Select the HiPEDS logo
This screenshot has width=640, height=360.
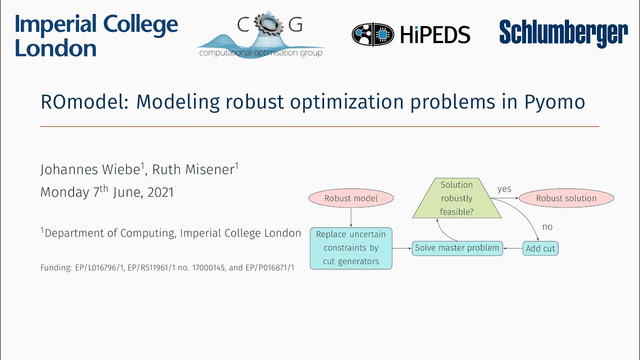point(410,34)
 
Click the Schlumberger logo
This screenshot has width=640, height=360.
point(563,34)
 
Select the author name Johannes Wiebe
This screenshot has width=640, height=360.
point(90,170)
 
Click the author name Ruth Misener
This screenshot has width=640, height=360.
point(193,170)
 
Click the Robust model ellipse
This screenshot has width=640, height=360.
point(351,198)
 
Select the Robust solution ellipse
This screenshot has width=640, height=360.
point(566,198)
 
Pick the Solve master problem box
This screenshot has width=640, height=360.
point(457,248)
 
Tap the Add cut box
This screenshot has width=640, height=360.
point(540,248)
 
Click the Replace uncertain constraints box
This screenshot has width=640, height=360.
point(351,248)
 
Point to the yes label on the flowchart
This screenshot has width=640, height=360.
point(504,189)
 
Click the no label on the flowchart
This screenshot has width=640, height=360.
point(547,227)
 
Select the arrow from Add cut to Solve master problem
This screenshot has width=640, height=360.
point(512,248)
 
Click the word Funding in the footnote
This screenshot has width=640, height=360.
point(55,268)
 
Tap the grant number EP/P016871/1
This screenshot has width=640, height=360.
point(269,268)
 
